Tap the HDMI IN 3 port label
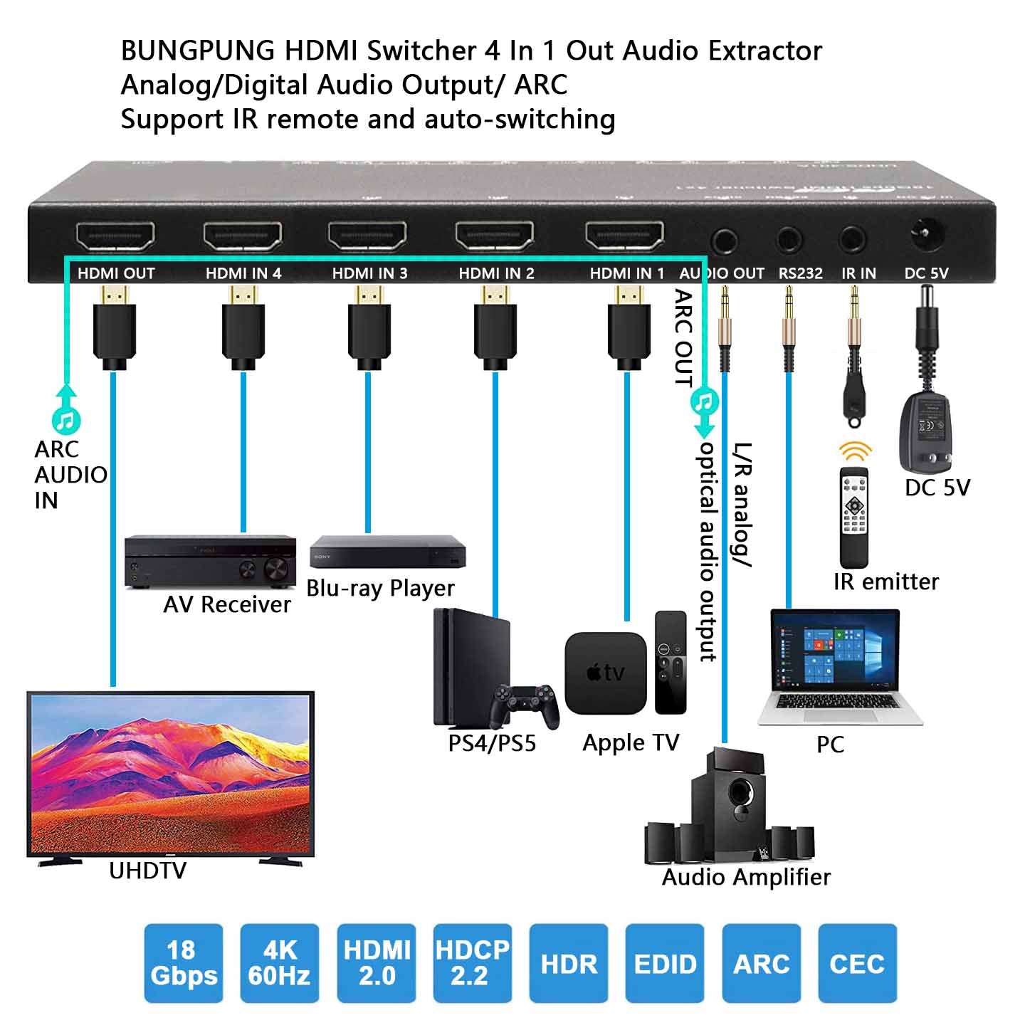pyautogui.click(x=369, y=273)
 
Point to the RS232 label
pyautogui.click(x=800, y=273)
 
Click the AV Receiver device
pyautogui.click(x=210, y=562)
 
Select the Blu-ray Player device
pyautogui.click(x=388, y=552)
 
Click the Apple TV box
pyautogui.click(x=605, y=673)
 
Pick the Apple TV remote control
pyautogui.click(x=671, y=662)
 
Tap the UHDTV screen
pyautogui.click(x=170, y=773)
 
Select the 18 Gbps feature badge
pyautogui.click(x=184, y=963)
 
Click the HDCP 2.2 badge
pyautogui.click(x=472, y=963)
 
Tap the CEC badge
pyautogui.click(x=857, y=963)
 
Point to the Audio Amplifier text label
pyautogui.click(x=746, y=877)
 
